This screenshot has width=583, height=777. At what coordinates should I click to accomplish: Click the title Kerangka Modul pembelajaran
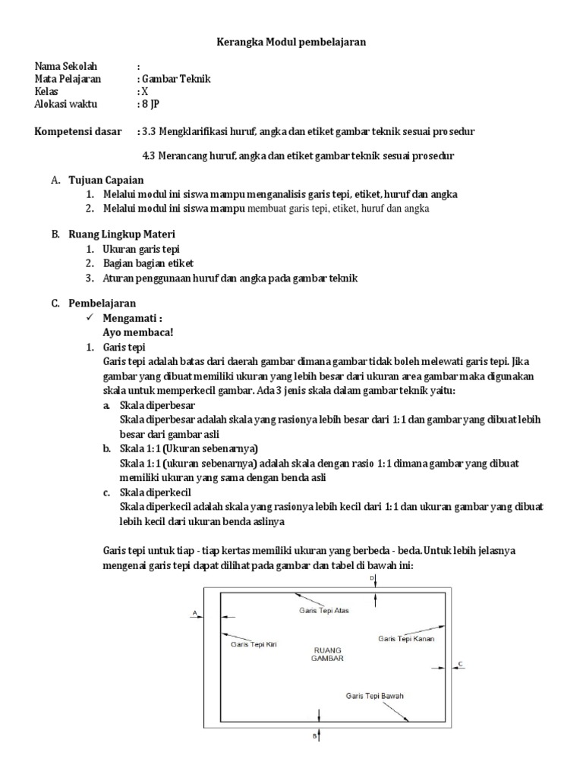292,42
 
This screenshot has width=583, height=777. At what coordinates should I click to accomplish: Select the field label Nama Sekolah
66,66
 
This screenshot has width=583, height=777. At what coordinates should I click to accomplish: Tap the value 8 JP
149,105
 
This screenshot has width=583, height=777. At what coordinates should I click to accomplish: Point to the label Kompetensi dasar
78,131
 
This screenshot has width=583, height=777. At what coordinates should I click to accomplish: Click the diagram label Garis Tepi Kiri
254,643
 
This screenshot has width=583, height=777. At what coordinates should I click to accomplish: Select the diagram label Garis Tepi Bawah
373,695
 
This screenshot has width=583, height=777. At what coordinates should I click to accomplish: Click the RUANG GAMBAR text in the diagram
327,655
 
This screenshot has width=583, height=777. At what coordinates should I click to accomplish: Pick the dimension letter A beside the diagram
195,611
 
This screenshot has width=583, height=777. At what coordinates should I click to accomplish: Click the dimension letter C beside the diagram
460,664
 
